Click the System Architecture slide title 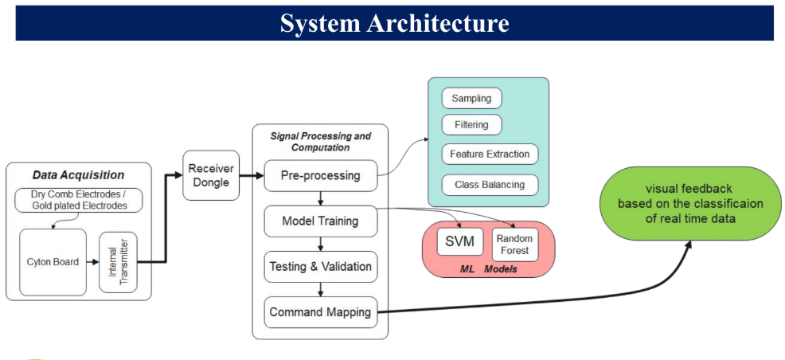click(x=394, y=22)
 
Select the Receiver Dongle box click(x=211, y=175)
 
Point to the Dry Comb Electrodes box click(x=79, y=199)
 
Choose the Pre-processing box click(x=320, y=174)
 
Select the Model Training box click(x=320, y=220)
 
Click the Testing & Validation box click(x=320, y=266)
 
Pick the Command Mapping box click(x=320, y=311)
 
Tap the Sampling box click(x=471, y=99)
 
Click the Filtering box click(x=471, y=125)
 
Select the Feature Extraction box click(x=489, y=154)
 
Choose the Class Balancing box click(x=489, y=185)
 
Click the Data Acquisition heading click(x=78, y=174)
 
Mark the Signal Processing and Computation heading click(x=320, y=142)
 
